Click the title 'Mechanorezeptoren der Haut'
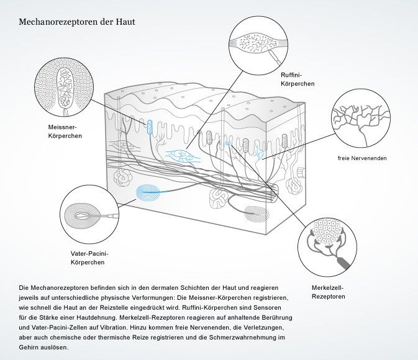click(x=77, y=22)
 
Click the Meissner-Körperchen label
click(x=65, y=131)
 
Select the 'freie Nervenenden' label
click(x=362, y=158)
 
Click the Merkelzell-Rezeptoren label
click(x=327, y=292)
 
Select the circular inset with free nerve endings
click(x=360, y=118)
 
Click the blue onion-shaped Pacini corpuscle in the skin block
click(x=150, y=193)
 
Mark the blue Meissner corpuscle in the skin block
click(x=150, y=128)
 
